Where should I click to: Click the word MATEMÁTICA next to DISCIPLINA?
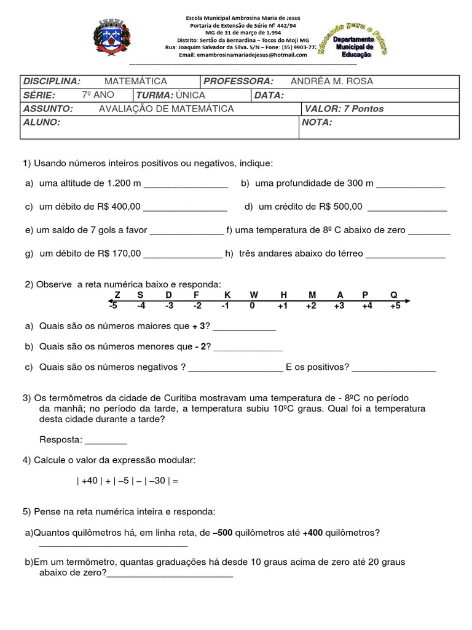click(x=135, y=81)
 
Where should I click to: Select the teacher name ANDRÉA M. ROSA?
click(x=331, y=81)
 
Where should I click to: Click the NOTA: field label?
click(x=317, y=122)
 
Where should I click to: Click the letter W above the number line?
click(x=254, y=295)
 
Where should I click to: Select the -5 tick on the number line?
click(x=112, y=306)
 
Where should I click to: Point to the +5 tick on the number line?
click(x=395, y=306)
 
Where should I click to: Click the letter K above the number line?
click(x=227, y=295)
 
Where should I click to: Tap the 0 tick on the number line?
click(x=252, y=306)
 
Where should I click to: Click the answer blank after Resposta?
click(x=106, y=441)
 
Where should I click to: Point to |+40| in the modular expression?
click(x=89, y=481)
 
